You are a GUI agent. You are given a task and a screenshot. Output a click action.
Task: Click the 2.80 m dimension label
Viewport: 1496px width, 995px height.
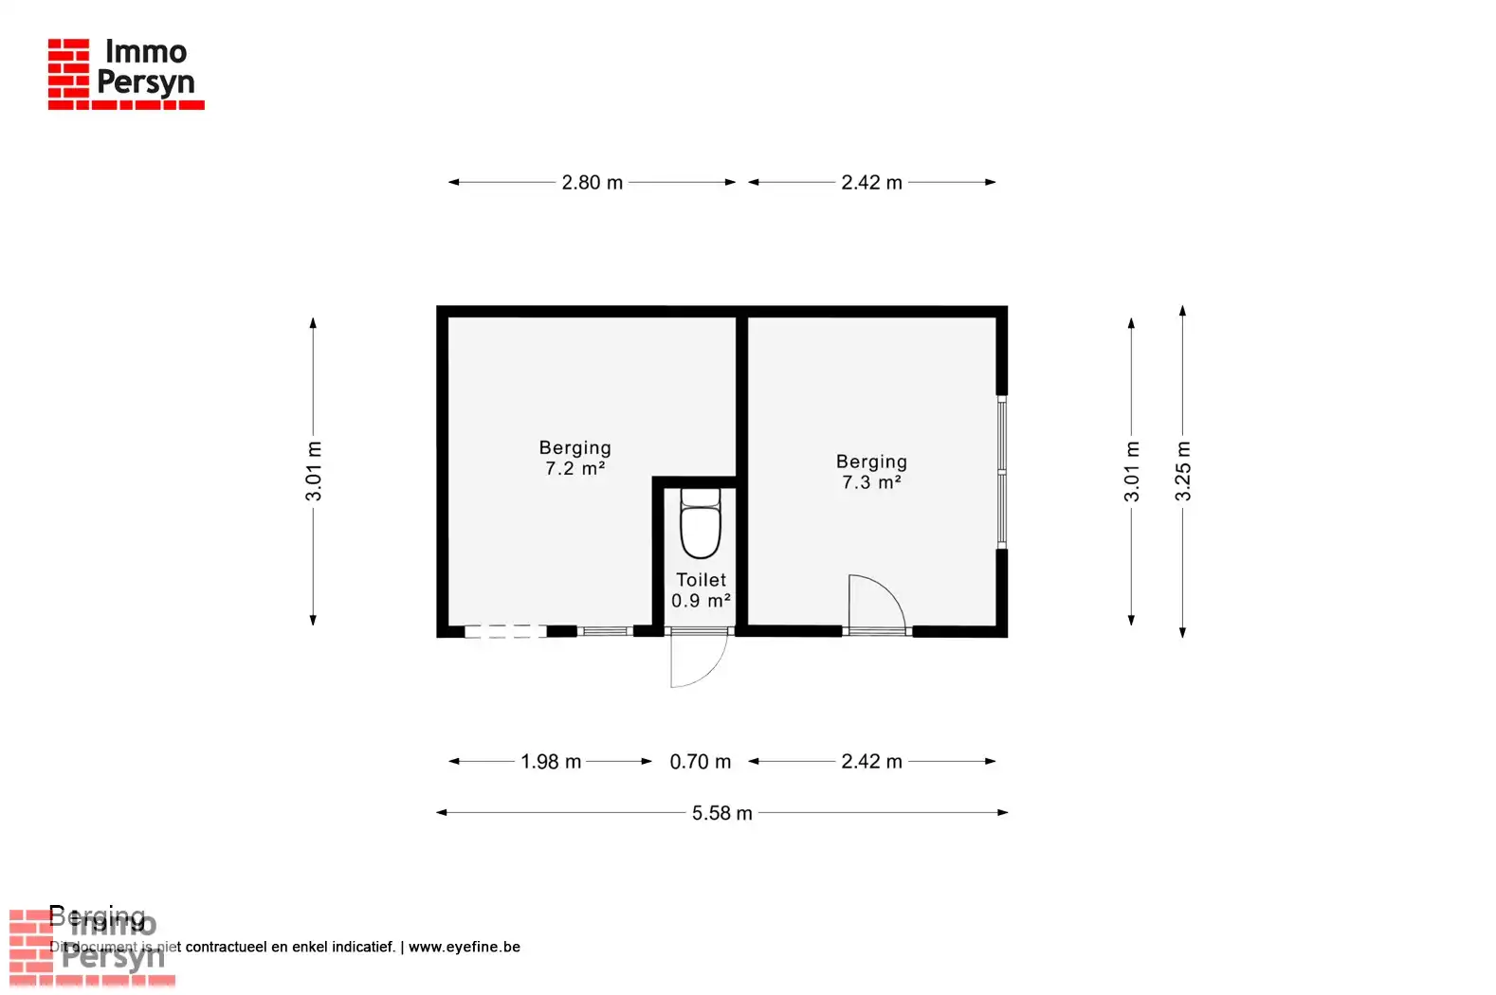(x=592, y=182)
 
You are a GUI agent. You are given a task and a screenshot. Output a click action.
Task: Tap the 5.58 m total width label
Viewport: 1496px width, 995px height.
(x=721, y=813)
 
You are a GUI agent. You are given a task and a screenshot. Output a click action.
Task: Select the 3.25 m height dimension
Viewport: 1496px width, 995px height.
(x=1182, y=471)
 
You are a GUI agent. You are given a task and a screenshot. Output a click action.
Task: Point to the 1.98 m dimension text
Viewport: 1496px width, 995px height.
(x=550, y=762)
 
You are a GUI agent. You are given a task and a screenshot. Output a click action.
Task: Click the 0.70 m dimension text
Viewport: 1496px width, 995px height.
(x=700, y=762)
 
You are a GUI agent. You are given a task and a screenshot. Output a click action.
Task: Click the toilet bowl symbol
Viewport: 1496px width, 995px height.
(x=701, y=527)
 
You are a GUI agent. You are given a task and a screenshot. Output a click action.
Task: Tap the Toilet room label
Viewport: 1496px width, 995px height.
(x=701, y=580)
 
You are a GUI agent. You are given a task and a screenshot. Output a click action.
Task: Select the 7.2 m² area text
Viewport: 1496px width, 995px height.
(x=575, y=469)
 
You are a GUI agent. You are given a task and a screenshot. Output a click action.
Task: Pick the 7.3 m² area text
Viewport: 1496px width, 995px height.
(x=871, y=482)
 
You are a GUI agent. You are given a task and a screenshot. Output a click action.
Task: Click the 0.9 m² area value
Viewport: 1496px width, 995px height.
(x=701, y=601)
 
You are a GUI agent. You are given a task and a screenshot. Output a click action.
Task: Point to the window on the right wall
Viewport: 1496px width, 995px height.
(x=1001, y=471)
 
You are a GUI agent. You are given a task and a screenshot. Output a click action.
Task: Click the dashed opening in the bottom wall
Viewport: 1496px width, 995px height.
(x=505, y=631)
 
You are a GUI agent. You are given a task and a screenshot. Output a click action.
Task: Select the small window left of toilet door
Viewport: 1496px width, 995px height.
(x=605, y=631)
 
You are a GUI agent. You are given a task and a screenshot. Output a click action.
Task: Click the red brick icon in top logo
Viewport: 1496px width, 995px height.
(x=68, y=69)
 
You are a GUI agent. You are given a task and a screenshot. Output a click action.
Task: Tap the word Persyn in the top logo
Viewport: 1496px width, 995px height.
(x=145, y=82)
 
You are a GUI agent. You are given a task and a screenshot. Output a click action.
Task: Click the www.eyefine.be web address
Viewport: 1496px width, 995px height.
(x=464, y=947)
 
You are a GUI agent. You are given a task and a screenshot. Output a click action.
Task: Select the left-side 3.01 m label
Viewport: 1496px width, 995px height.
(x=314, y=471)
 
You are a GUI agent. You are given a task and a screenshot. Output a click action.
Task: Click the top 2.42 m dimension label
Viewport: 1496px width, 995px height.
(x=871, y=182)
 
